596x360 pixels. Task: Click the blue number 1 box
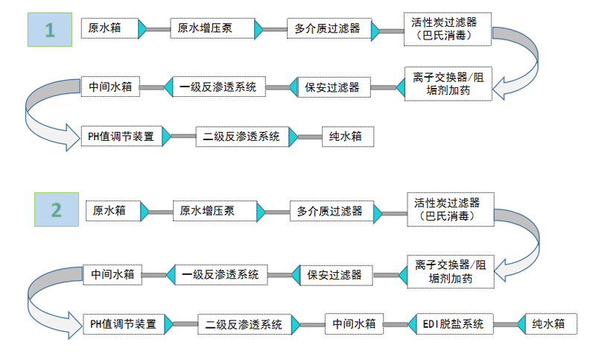(50, 30)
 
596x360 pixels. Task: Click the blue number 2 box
(56, 209)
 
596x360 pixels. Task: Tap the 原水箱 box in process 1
(105, 28)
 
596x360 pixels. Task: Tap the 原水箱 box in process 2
(110, 211)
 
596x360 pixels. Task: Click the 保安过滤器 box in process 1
(332, 87)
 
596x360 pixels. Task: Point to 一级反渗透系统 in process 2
(220, 274)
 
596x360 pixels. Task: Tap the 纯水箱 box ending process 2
(548, 324)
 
